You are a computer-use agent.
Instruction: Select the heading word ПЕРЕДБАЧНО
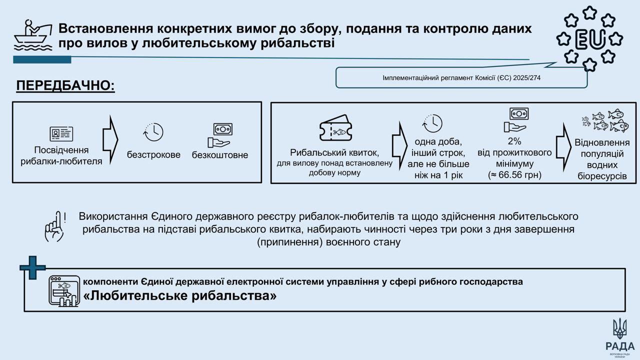(65, 86)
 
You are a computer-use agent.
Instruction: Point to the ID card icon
(61, 134)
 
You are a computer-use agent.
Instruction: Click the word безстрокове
(153, 154)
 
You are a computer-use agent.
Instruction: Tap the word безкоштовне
(220, 155)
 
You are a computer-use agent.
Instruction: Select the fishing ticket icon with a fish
(335, 128)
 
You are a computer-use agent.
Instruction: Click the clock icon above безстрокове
(153, 132)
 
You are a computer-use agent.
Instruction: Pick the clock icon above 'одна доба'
(433, 123)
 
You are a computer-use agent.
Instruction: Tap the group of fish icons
(605, 121)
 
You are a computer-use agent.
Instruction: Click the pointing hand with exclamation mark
(55, 228)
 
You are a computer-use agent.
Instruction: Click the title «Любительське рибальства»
(180, 296)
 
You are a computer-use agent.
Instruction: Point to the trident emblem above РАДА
(619, 328)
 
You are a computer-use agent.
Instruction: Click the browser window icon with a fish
(63, 290)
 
